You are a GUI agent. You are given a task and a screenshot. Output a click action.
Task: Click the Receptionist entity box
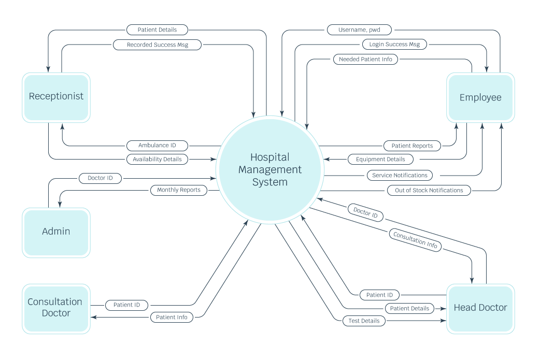point(56,97)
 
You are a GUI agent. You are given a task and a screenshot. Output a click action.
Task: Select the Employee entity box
point(480,97)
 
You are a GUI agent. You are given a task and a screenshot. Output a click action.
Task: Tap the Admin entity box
point(56,232)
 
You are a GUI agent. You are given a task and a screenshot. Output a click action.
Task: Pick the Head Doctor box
point(480,308)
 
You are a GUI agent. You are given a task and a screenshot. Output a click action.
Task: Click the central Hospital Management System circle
point(269,169)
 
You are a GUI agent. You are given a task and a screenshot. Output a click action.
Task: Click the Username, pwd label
point(359,30)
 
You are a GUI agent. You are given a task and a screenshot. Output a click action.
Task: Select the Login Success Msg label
point(394,45)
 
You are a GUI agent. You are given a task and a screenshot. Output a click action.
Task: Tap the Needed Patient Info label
point(365,60)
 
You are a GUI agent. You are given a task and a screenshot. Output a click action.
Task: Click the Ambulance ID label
point(157,146)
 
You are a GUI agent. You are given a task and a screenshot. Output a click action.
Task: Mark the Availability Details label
point(157,159)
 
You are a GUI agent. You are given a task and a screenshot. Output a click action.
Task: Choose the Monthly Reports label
point(179,190)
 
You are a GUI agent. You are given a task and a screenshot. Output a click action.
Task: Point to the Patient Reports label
point(412,146)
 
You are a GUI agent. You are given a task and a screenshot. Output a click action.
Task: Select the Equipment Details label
point(380,160)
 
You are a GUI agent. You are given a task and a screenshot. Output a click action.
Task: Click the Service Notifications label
point(400,175)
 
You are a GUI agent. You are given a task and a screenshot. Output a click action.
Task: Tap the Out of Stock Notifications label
point(429,190)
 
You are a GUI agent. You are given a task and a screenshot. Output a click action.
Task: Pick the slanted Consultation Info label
point(415,241)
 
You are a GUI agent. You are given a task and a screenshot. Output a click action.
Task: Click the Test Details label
point(364,321)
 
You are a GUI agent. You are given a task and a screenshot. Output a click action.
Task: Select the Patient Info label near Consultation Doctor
point(172,317)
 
